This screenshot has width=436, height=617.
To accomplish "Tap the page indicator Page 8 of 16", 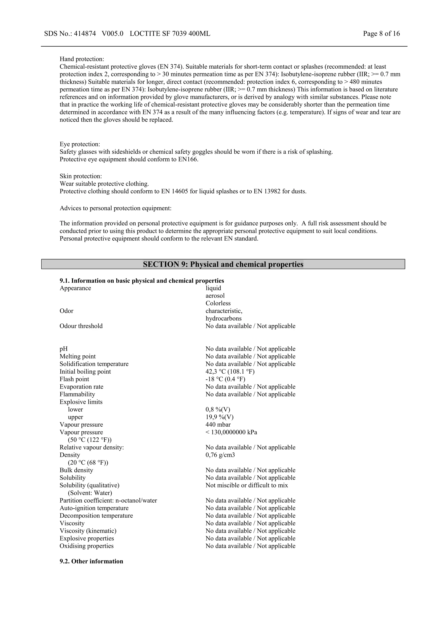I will [x=381, y=34].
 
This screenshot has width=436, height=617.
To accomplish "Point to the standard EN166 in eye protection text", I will [x=188, y=159].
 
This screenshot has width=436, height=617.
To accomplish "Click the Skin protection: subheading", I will [x=81, y=176].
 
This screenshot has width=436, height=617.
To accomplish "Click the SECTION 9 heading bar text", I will [x=223, y=265].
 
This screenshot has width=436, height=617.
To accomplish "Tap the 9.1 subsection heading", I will [x=142, y=281].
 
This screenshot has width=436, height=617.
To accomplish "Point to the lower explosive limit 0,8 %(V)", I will [x=218, y=410].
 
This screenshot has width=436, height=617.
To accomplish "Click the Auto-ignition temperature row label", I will [x=94, y=508].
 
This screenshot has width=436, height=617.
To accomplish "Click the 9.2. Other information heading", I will [x=91, y=561].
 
